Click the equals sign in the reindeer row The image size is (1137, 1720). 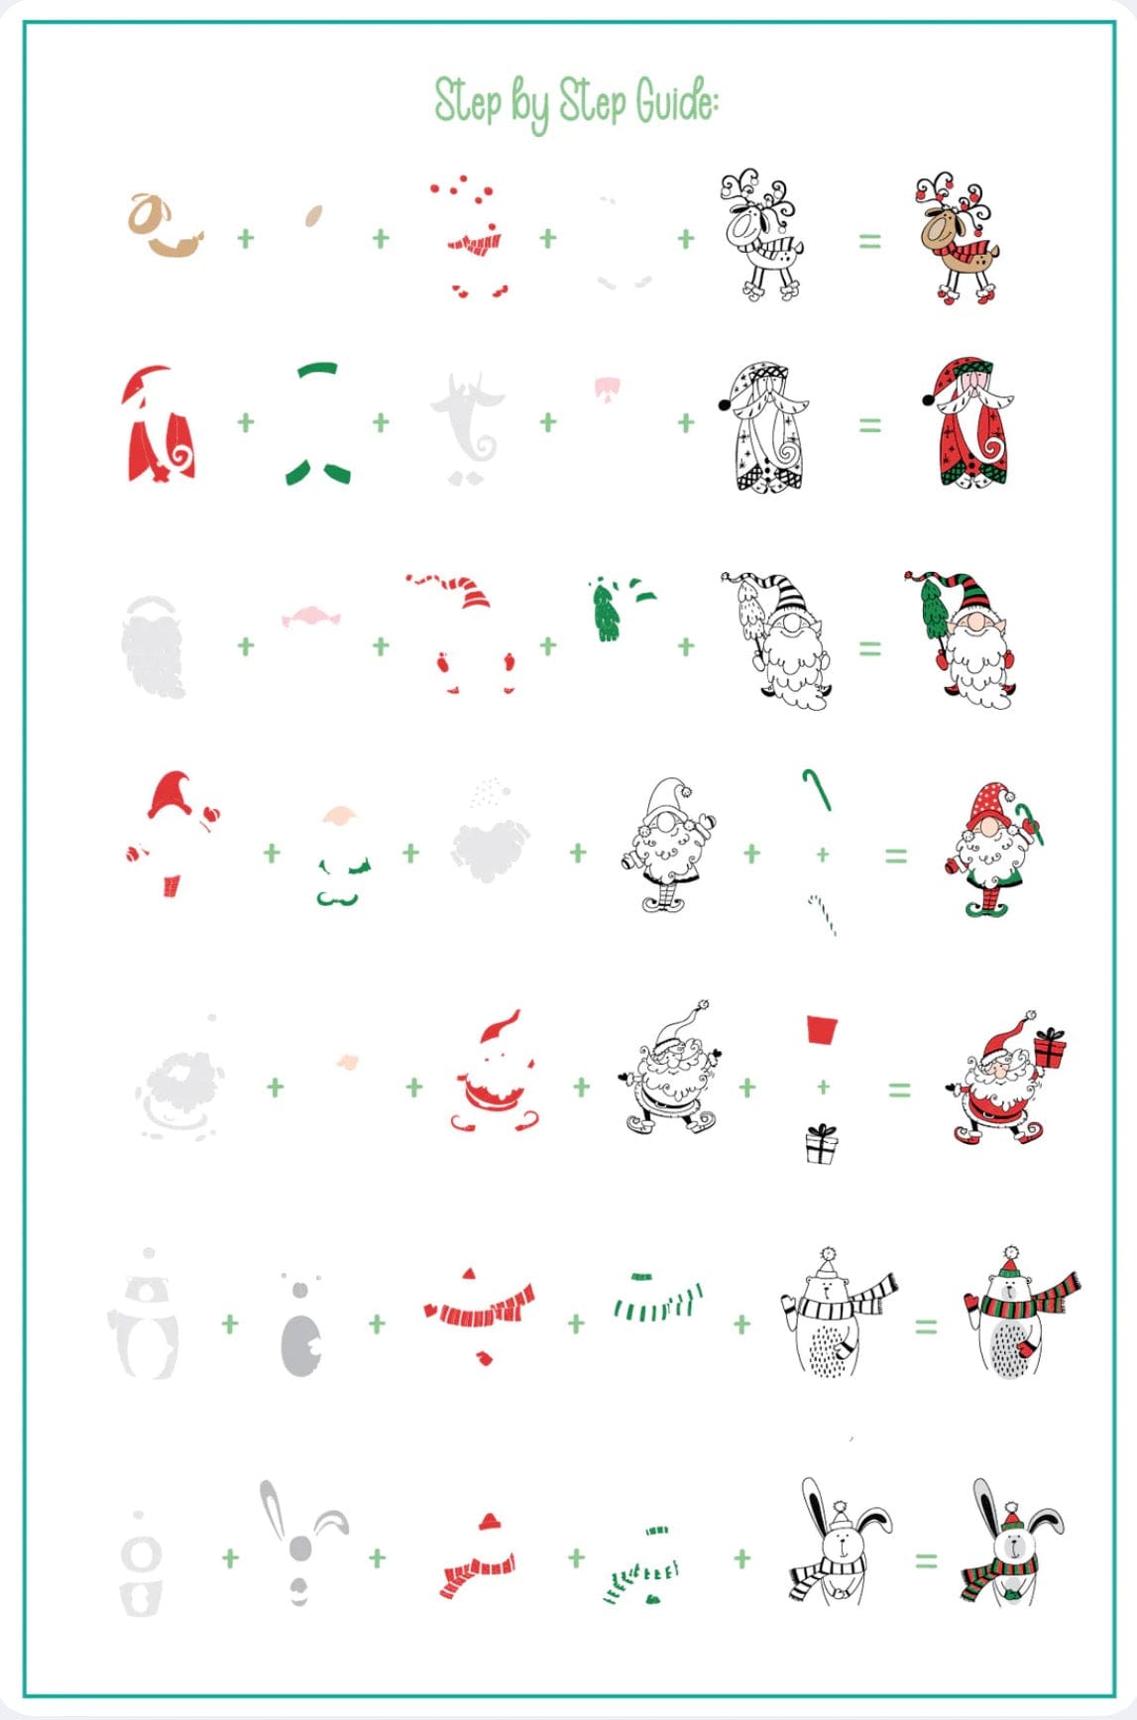tap(869, 240)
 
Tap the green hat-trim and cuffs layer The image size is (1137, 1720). tap(318, 424)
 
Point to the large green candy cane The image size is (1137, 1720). tap(817, 788)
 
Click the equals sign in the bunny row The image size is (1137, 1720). tap(925, 1560)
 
